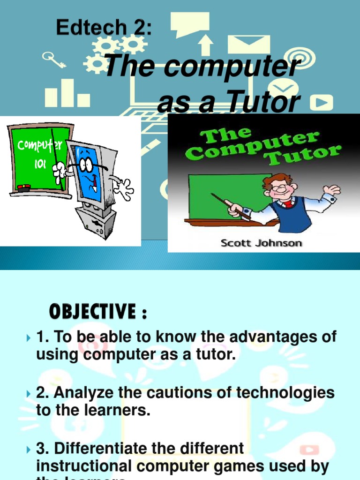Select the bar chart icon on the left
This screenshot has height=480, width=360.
pyautogui.click(x=67, y=94)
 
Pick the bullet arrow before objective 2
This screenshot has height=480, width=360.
pyautogui.click(x=30, y=393)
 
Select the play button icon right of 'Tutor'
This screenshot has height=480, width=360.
pyautogui.click(x=324, y=102)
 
